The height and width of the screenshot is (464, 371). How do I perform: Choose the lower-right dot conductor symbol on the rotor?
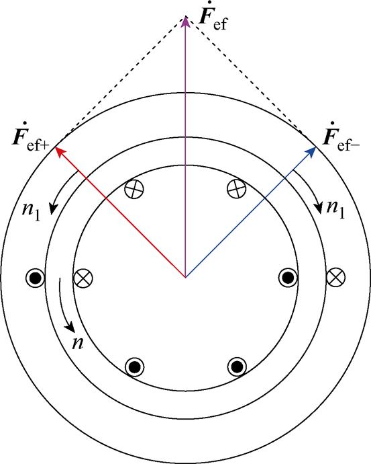[236, 366]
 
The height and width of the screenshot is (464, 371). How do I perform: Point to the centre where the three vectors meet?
[186, 276]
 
